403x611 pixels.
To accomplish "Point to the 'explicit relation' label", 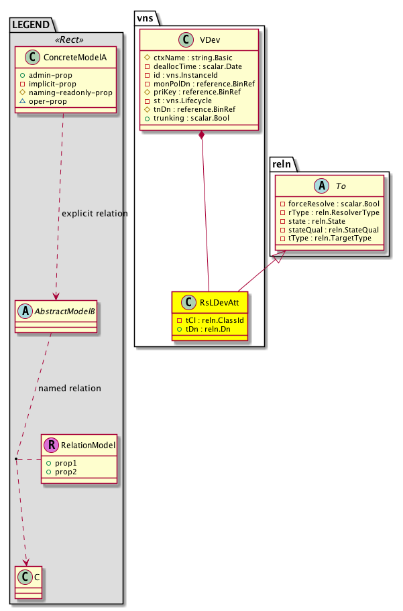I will (94, 213).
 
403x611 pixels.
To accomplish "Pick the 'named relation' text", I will (70, 388).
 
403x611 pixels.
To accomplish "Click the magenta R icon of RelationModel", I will (51, 444).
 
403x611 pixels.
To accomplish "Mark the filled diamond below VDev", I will (201, 136).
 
